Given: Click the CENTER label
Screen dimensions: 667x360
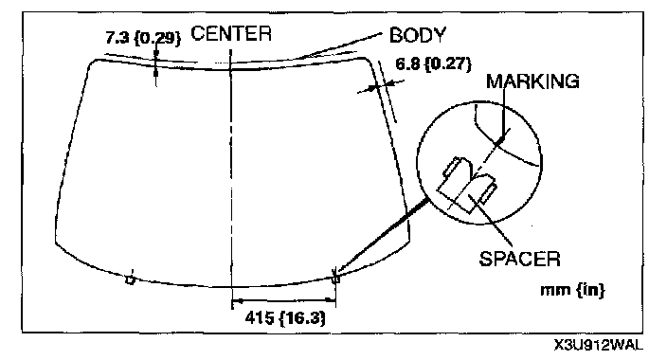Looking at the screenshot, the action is [x=231, y=33].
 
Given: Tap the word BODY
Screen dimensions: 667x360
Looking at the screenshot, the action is [x=417, y=35].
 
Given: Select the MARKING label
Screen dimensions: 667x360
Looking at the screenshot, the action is [x=532, y=81].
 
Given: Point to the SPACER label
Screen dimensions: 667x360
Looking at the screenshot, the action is [x=519, y=259].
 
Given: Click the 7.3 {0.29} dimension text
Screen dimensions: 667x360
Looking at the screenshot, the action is [x=143, y=38].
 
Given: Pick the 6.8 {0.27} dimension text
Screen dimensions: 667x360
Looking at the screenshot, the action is [x=434, y=64].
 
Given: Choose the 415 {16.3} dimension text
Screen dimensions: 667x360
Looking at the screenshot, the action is [x=285, y=317].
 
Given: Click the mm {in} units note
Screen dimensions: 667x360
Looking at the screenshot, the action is [x=572, y=290].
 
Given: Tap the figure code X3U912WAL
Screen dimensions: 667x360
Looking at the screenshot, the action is [x=598, y=346].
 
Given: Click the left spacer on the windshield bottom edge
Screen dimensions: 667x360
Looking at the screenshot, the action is [x=131, y=279].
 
